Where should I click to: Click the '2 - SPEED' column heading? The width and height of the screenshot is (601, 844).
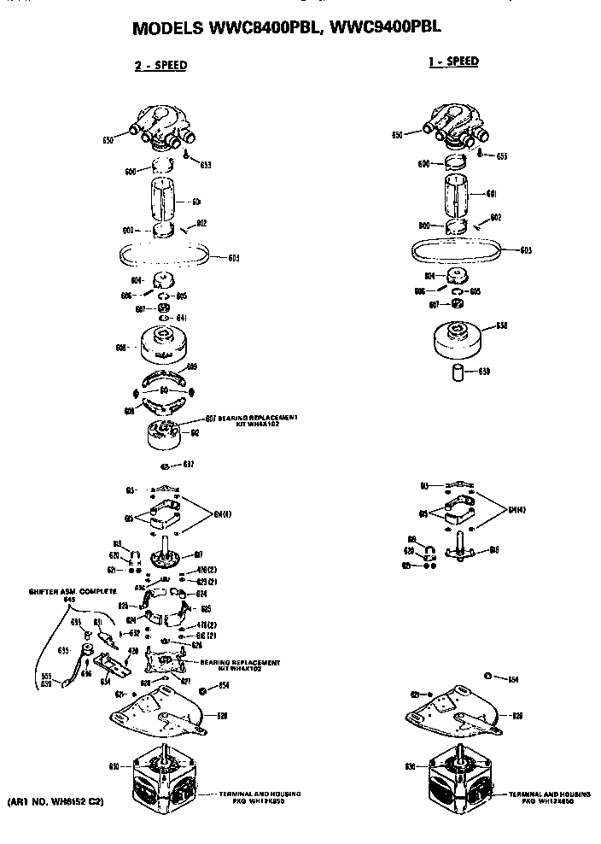click(x=160, y=65)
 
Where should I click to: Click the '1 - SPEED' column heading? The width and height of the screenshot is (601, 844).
click(x=452, y=61)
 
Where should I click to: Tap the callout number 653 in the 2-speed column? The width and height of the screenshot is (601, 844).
click(x=206, y=164)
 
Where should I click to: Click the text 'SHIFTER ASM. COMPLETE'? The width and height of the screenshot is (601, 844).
click(x=72, y=591)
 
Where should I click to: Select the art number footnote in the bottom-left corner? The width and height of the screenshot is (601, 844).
click(x=55, y=803)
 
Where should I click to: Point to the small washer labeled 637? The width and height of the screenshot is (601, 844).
click(x=165, y=466)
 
